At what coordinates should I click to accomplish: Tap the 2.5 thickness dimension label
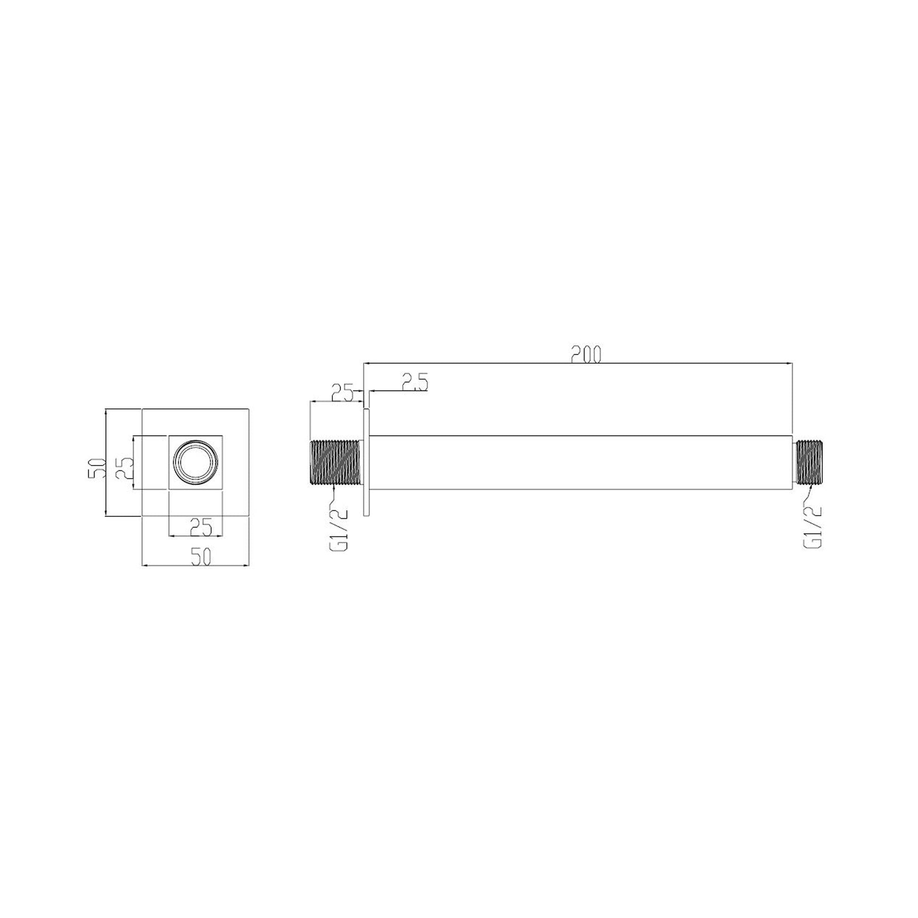click(415, 382)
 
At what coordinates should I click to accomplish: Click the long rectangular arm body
click(581, 462)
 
